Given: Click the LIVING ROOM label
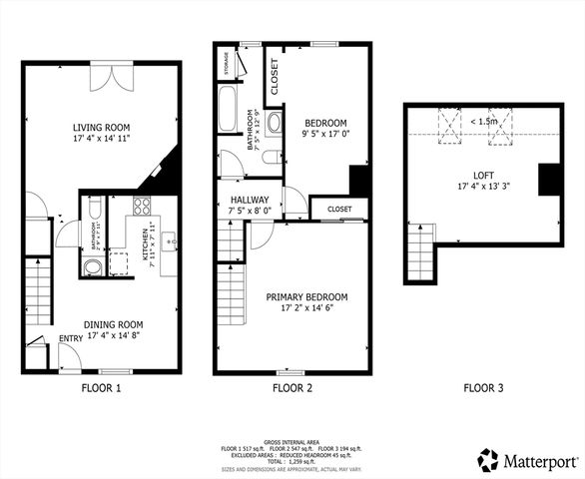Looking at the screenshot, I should point(101,127).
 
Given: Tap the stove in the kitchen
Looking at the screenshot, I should point(142,208).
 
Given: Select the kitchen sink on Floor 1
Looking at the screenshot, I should point(168,241).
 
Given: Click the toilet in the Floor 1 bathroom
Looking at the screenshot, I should point(92,266).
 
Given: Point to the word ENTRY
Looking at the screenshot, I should point(71,339).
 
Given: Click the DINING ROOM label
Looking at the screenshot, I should point(101,324).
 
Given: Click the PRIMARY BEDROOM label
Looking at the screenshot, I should point(305,297).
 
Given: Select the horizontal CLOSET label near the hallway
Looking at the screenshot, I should point(339,209).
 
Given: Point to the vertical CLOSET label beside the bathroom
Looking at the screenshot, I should point(273,74).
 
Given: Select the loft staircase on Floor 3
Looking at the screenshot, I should point(420,253).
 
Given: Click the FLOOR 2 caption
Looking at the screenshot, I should point(292,387).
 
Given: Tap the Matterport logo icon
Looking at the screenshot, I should point(488,460).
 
